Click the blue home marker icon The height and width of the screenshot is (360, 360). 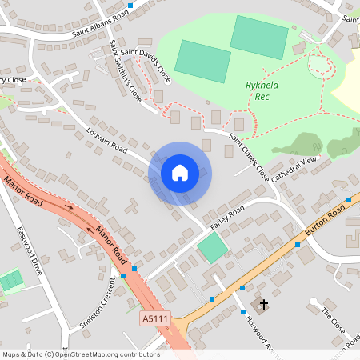(180, 172)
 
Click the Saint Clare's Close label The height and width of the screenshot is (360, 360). (249, 158)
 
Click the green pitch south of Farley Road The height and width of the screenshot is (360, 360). (213, 248)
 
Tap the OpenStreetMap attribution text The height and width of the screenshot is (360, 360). (80, 354)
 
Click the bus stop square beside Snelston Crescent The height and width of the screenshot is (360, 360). (124, 276)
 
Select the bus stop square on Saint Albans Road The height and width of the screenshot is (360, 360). (130, 6)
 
